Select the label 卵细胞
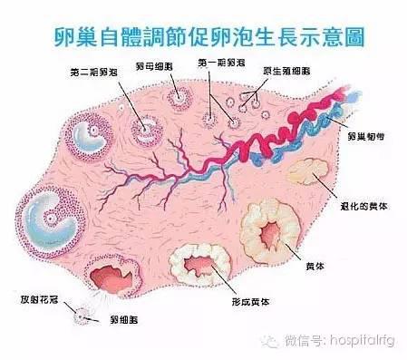pos(125,319)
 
